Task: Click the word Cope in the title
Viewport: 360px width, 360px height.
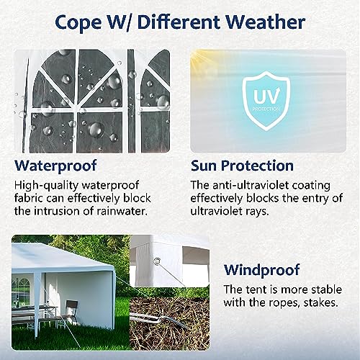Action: pyautogui.click(x=78, y=23)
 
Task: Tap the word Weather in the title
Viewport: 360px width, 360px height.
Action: pyautogui.click(x=266, y=22)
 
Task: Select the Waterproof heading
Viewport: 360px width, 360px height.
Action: pyautogui.click(x=55, y=166)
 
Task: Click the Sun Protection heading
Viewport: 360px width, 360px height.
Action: pyautogui.click(x=242, y=166)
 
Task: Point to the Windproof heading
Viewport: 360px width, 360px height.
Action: pyautogui.click(x=262, y=270)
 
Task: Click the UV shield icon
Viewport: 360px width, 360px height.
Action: pyautogui.click(x=266, y=101)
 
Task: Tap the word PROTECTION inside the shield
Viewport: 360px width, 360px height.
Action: pyautogui.click(x=266, y=109)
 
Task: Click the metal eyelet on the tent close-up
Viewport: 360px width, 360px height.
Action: pyautogui.click(x=157, y=261)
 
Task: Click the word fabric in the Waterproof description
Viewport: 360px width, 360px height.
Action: pyautogui.click(x=29, y=198)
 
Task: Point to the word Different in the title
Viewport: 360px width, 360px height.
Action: pyautogui.click(x=179, y=22)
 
